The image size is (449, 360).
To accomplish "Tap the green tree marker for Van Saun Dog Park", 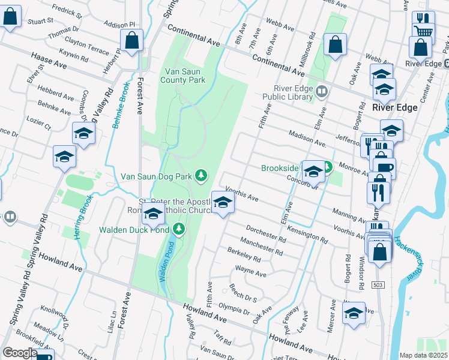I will [x=202, y=175].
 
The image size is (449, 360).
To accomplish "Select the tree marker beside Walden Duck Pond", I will [x=178, y=229].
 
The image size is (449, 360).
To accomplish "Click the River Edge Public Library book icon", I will [x=323, y=91].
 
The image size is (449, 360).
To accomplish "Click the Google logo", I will [x=20, y=353].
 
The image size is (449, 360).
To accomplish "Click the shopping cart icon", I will [x=424, y=32].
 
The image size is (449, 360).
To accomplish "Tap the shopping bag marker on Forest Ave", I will [x=132, y=41].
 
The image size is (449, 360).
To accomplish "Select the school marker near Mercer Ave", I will [x=354, y=313].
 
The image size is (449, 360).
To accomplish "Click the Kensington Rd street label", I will [x=307, y=234].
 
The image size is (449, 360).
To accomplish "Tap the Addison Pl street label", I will [x=119, y=25].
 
